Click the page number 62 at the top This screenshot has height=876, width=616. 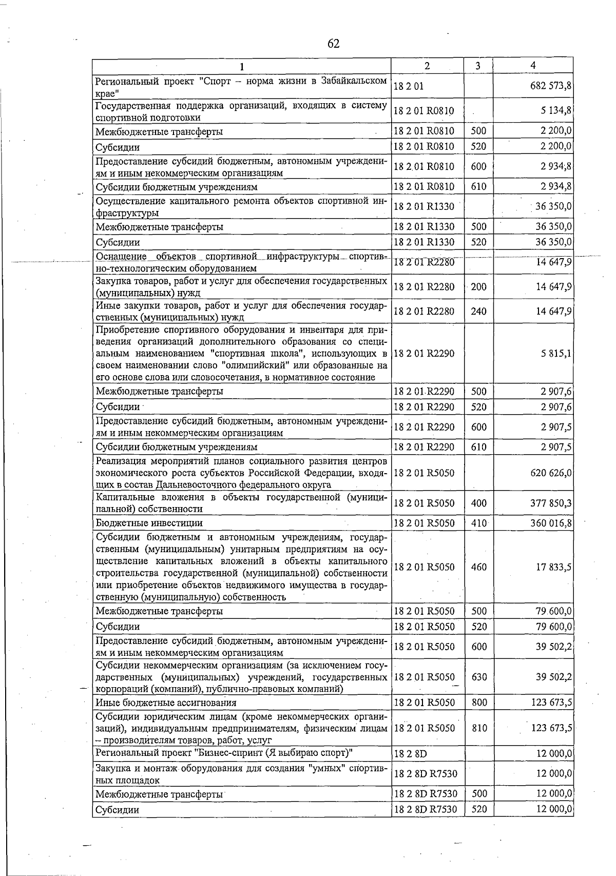(x=333, y=44)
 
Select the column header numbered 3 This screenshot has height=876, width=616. (x=478, y=66)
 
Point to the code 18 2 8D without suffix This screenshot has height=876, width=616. (x=410, y=753)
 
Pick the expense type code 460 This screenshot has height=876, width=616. (x=478, y=567)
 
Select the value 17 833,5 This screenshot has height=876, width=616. (x=553, y=567)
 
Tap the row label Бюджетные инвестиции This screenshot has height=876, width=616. (x=149, y=523)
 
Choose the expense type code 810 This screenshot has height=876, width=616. (x=478, y=728)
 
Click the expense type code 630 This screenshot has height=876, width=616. (x=478, y=677)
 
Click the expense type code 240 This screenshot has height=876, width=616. (x=478, y=311)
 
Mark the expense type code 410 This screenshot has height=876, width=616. (x=478, y=523)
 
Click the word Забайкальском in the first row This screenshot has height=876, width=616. (x=354, y=81)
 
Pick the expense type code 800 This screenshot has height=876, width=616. (x=478, y=703)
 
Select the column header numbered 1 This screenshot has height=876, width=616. (x=241, y=66)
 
